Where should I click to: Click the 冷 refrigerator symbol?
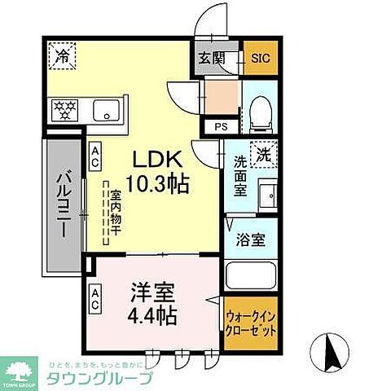[x=62, y=57]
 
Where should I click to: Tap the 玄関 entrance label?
[x=208, y=59]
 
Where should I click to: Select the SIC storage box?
[x=258, y=59]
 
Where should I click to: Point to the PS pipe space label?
[x=221, y=126]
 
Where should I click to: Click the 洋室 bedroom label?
[x=152, y=292]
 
